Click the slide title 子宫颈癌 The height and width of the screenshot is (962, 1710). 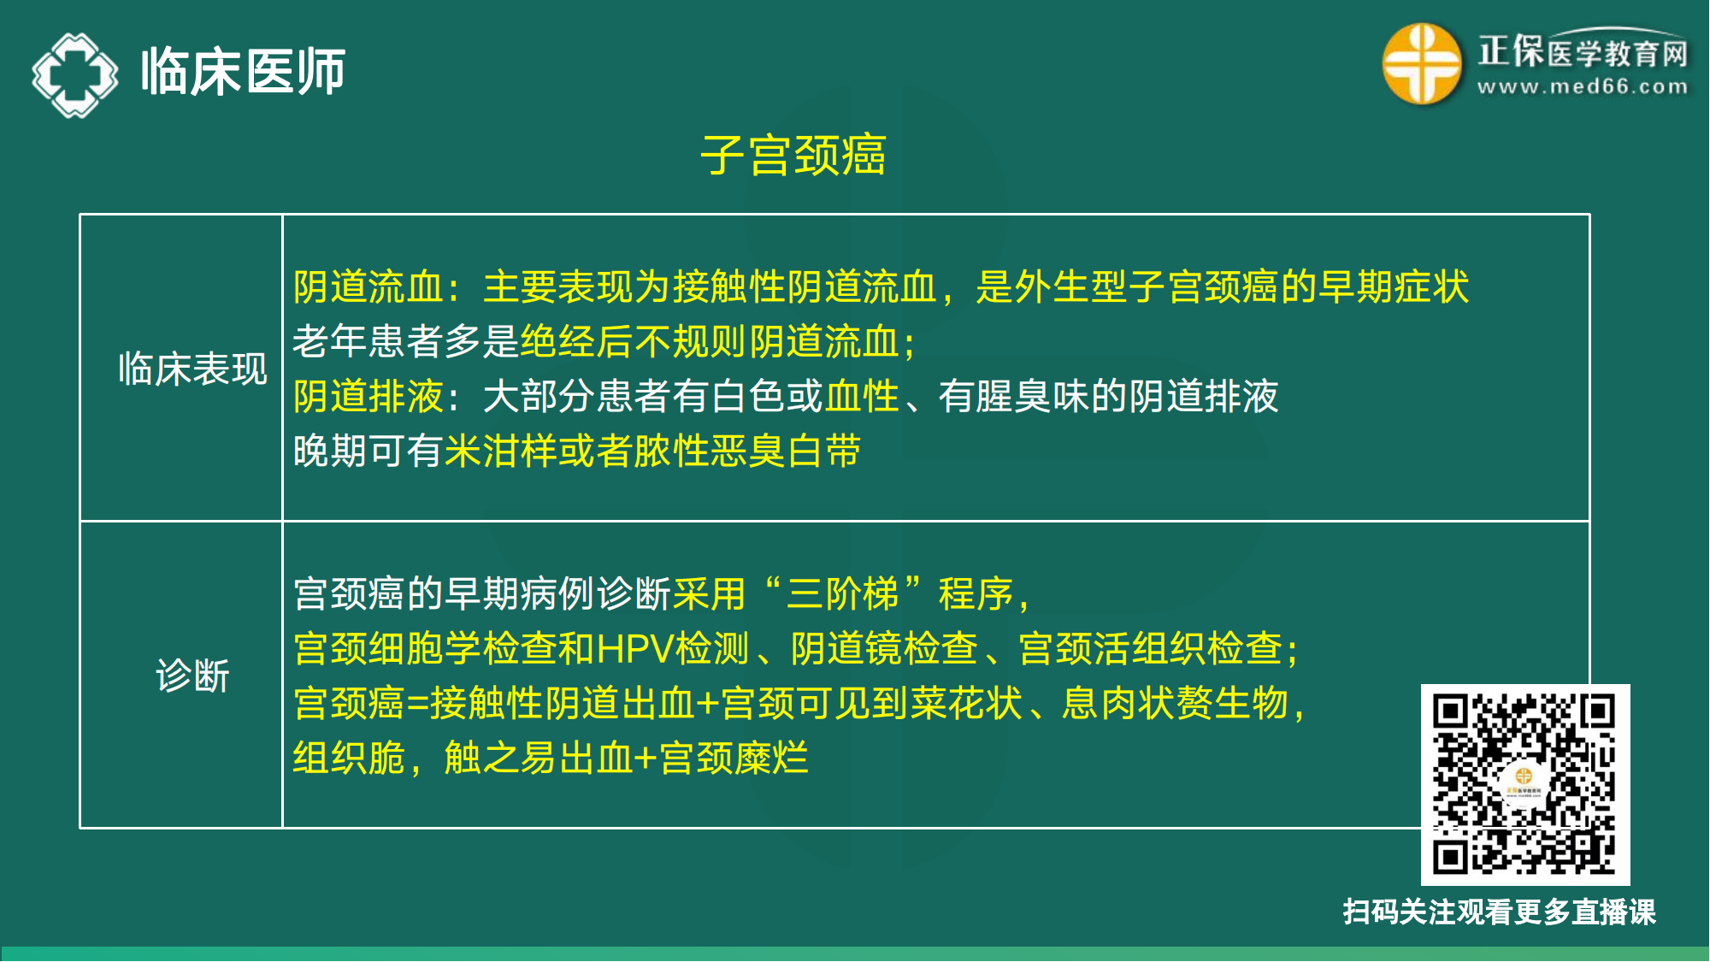793,156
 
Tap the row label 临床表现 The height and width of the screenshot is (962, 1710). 192,369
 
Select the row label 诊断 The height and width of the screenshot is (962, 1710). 192,676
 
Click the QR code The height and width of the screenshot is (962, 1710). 1524,784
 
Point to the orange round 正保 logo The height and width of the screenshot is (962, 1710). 1421,64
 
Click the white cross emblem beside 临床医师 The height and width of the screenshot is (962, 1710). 75,74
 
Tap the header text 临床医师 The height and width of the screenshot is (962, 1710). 243,72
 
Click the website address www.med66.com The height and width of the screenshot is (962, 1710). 1583,87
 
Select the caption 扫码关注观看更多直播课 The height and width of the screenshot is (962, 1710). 1499,912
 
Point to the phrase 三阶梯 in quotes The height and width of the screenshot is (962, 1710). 842,594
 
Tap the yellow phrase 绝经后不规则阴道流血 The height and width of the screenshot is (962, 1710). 710,342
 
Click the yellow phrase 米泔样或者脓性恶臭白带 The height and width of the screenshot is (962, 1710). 652,451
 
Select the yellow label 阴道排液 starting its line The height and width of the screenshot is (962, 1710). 369,397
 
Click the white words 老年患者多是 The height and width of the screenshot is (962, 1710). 405,342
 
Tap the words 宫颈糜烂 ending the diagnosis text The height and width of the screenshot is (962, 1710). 734,758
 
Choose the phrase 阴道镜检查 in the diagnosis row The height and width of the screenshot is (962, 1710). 884,649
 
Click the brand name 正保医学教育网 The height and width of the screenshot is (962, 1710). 1583,52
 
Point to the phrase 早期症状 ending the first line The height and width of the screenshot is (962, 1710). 1394,287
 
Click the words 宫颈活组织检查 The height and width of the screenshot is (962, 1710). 1150,649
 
